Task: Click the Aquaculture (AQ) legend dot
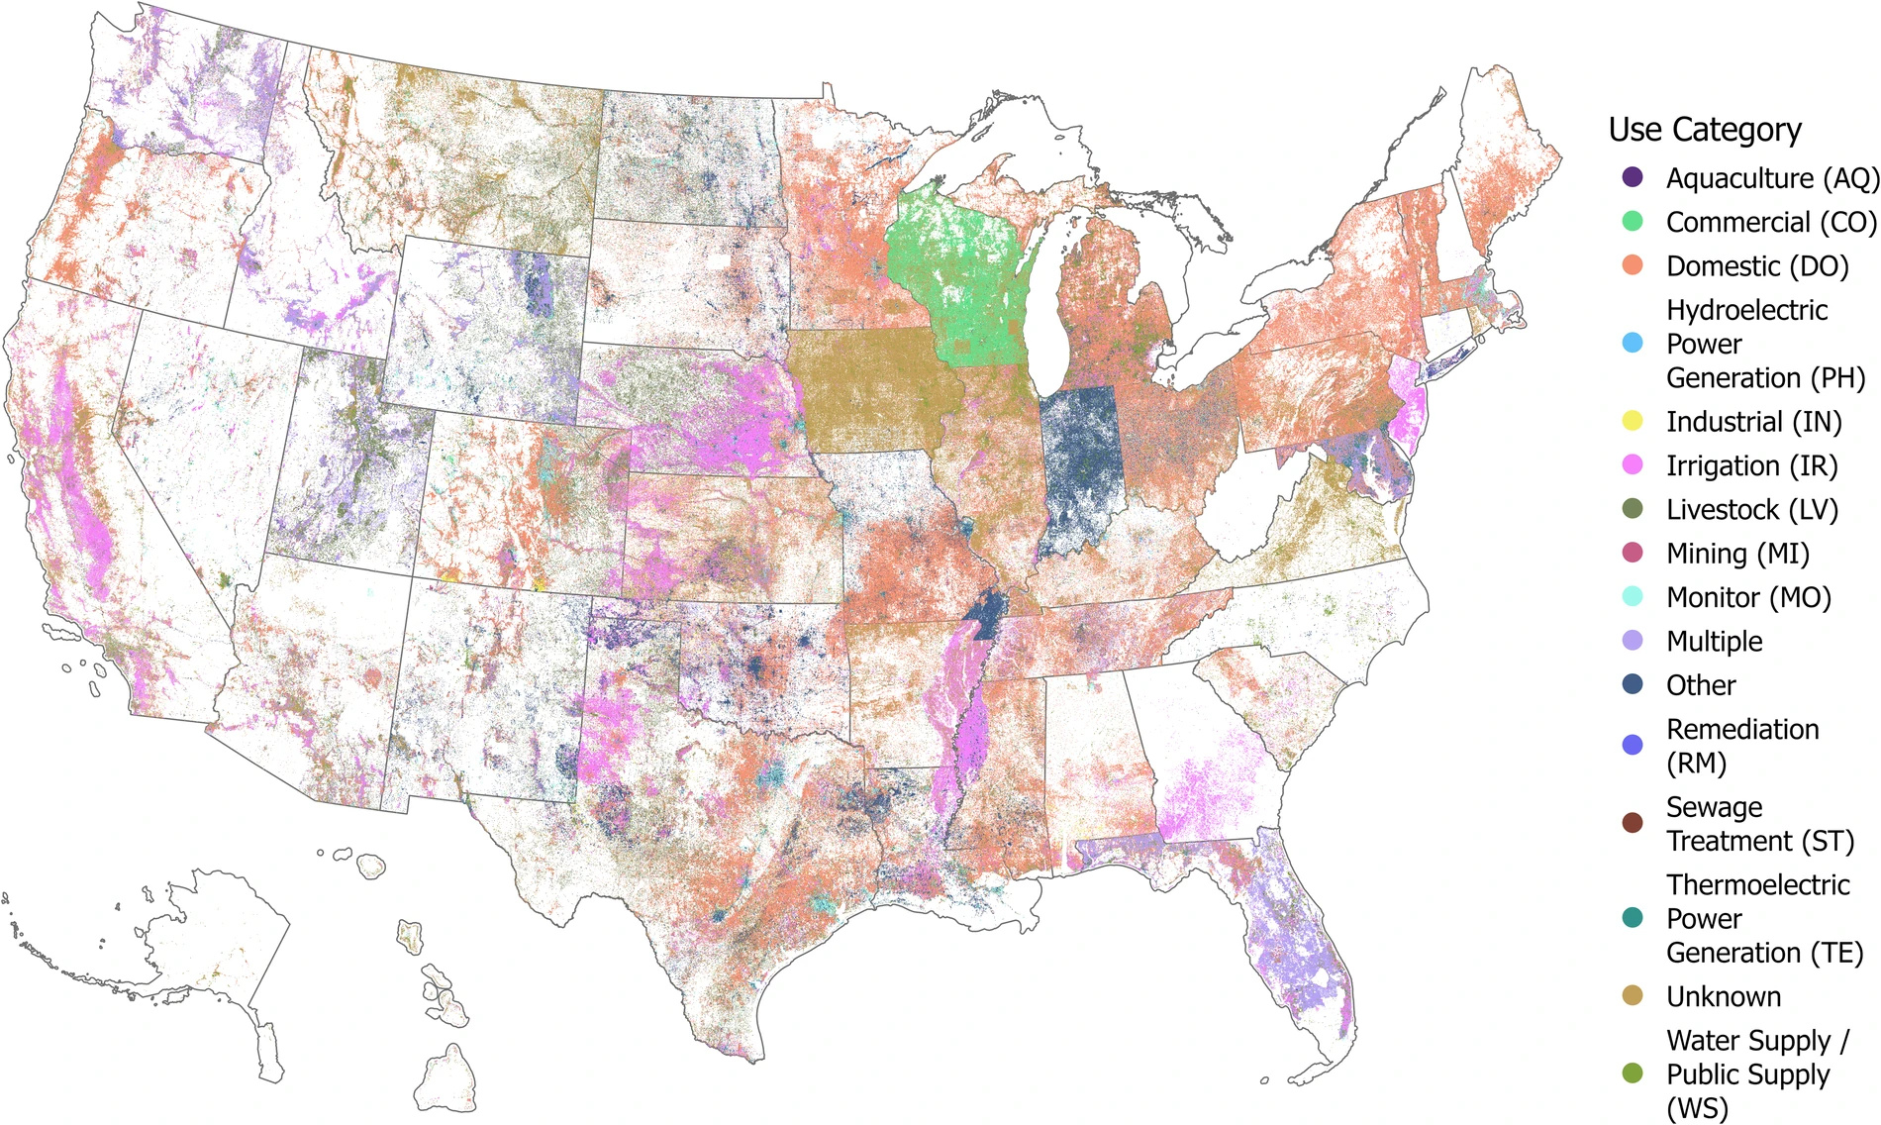pyautogui.click(x=1632, y=178)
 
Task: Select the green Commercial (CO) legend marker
pyautogui.click(x=1632, y=222)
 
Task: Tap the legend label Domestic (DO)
pyautogui.click(x=1757, y=266)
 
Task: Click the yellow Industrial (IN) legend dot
pyautogui.click(x=1632, y=422)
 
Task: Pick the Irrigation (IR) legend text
pyautogui.click(x=1751, y=465)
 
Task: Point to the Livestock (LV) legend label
pyautogui.click(x=1751, y=510)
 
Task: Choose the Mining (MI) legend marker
pyautogui.click(x=1632, y=554)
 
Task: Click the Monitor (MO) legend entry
pyautogui.click(x=1748, y=597)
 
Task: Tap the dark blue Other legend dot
pyautogui.click(x=1632, y=685)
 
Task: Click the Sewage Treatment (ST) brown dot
pyautogui.click(x=1632, y=824)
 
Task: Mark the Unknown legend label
pyautogui.click(x=1723, y=996)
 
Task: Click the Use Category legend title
pyautogui.click(x=1704, y=130)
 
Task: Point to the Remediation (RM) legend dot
pyautogui.click(x=1632, y=746)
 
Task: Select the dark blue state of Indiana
pyautogui.click(x=1081, y=460)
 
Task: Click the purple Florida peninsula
pyautogui.click(x=1297, y=941)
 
